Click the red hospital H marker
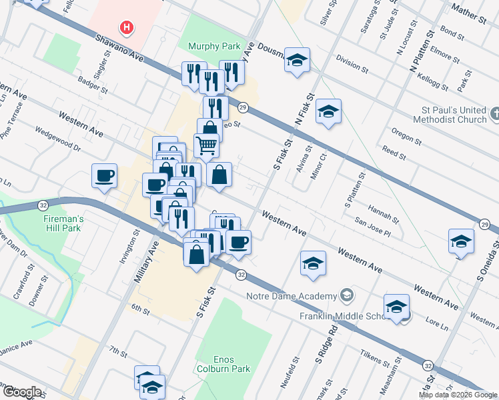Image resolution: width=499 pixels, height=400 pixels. tap(126, 28)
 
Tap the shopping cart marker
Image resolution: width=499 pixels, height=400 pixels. tap(206, 143)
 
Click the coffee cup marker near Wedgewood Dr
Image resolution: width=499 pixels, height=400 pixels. tap(105, 176)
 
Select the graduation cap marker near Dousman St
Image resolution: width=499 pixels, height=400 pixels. tap(297, 60)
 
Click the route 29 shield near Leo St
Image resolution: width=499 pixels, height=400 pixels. tap(243, 107)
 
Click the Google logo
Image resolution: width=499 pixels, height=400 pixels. tap(22, 392)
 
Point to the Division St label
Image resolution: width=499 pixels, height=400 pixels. tap(352, 64)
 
